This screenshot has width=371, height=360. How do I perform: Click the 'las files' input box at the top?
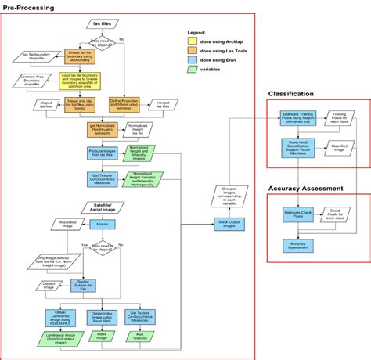(103, 25)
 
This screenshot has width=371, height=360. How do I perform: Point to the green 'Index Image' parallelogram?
(103, 335)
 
